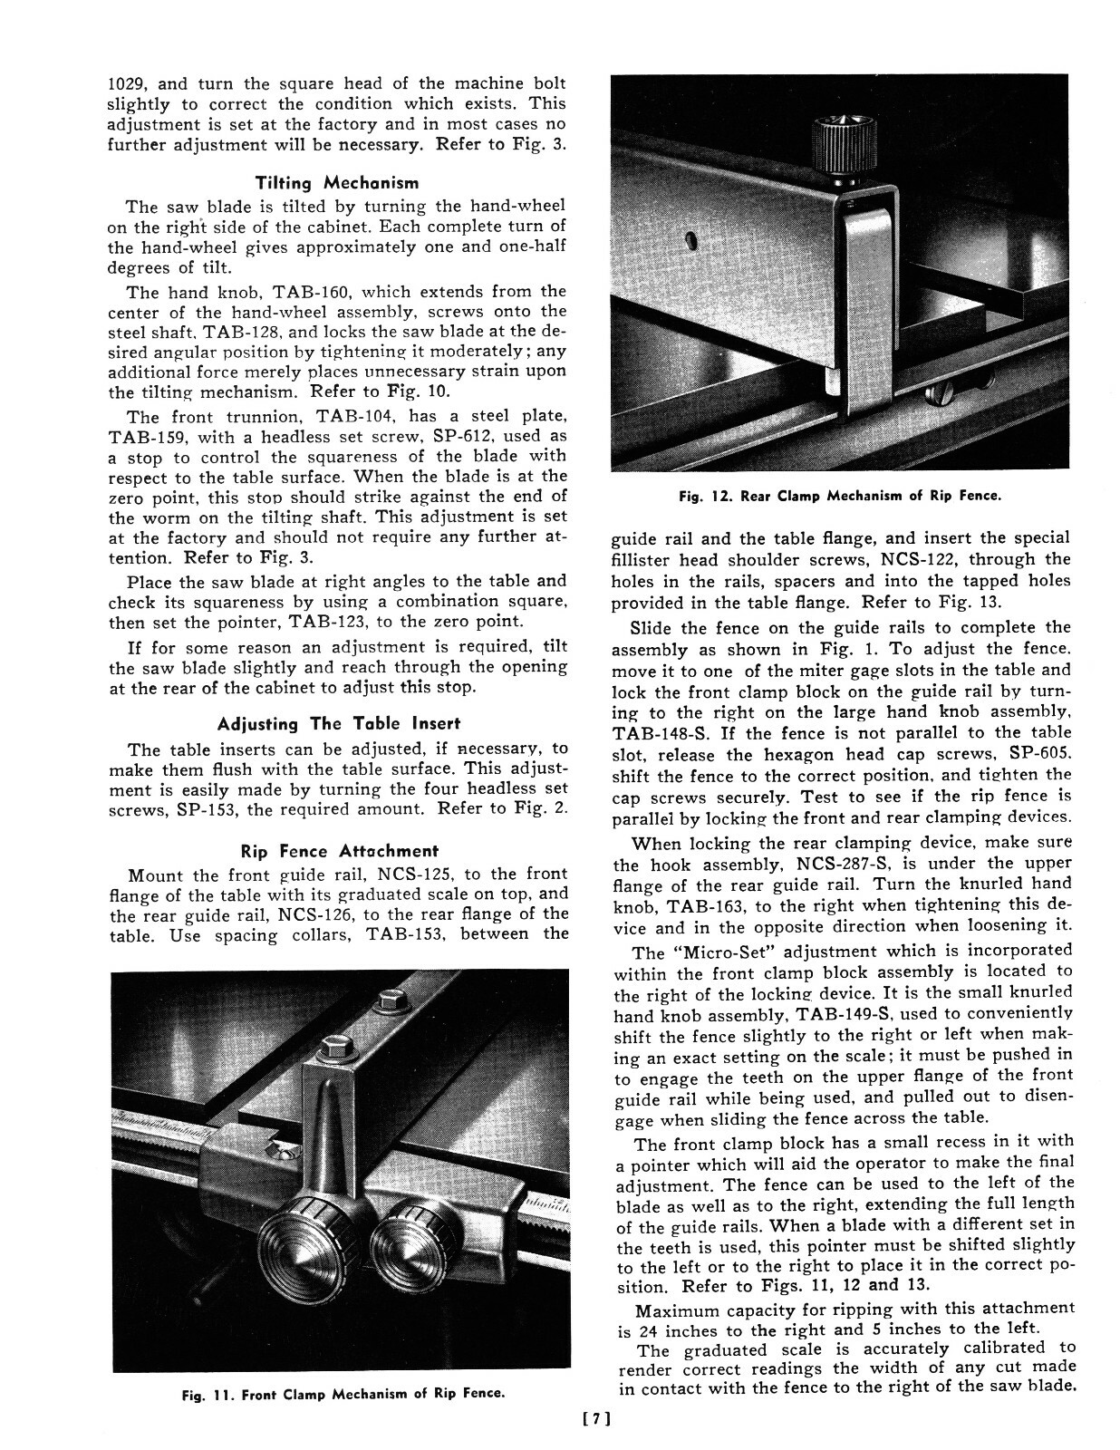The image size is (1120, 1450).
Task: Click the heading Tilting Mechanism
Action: [x=338, y=183]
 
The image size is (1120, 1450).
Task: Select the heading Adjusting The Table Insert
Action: [x=338, y=723]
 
